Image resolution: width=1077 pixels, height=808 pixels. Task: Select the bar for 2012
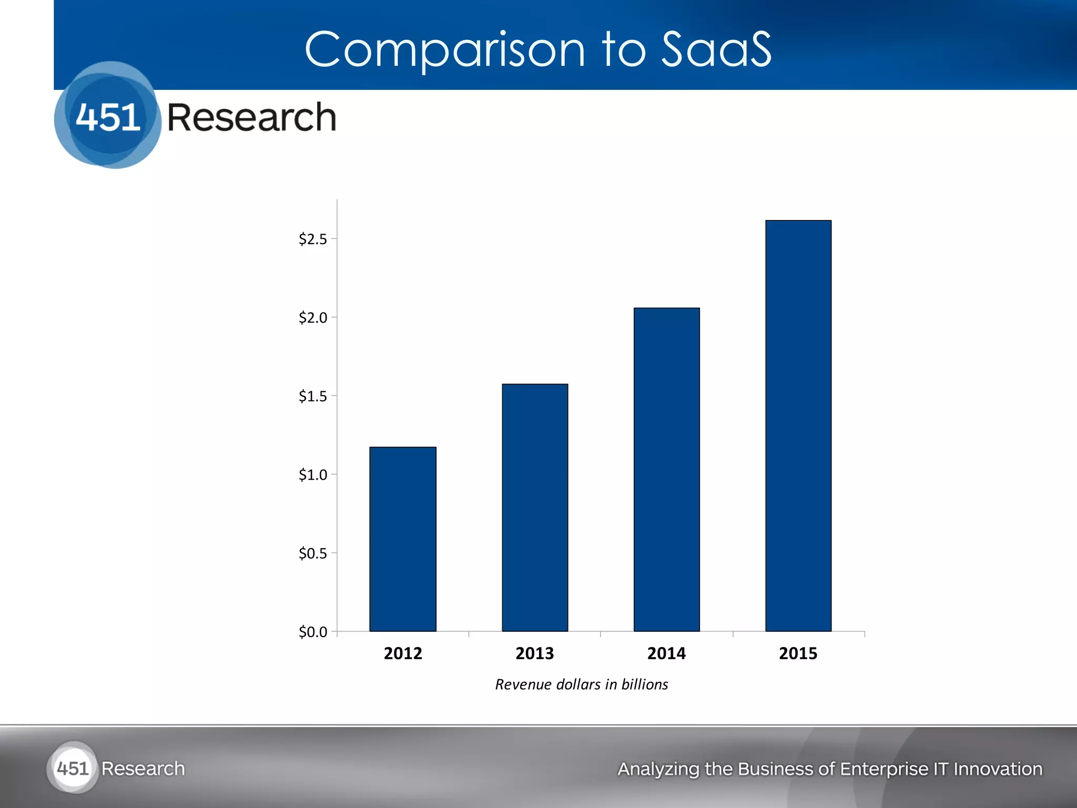[403, 539]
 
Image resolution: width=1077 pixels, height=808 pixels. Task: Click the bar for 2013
[535, 508]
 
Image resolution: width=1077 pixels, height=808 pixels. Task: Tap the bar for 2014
[666, 469]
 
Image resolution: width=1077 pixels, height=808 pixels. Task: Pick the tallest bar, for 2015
[798, 426]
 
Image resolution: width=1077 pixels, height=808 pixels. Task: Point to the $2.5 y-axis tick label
[312, 239]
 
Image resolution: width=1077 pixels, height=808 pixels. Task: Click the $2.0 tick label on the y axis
[312, 318]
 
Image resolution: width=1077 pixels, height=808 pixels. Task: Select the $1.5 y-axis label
[312, 396]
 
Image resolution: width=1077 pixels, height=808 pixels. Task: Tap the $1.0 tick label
[312, 475]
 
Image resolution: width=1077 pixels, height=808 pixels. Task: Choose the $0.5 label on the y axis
[312, 553]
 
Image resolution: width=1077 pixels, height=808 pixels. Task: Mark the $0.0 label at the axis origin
[312, 632]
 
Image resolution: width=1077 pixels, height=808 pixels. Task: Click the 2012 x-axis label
[403, 653]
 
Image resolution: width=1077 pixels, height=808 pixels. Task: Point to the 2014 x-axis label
[666, 653]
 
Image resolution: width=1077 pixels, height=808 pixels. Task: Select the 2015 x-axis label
[798, 653]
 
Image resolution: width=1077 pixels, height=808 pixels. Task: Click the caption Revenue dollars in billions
[582, 684]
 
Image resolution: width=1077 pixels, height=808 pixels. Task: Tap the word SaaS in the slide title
[716, 49]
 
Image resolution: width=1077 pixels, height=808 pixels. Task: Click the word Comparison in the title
[444, 50]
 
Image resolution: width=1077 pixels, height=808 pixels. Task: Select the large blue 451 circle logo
[108, 116]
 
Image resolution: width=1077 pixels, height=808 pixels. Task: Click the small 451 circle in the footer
[73, 769]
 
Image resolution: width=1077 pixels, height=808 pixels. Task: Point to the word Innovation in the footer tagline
[998, 769]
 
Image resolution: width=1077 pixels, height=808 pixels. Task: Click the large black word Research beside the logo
[251, 117]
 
